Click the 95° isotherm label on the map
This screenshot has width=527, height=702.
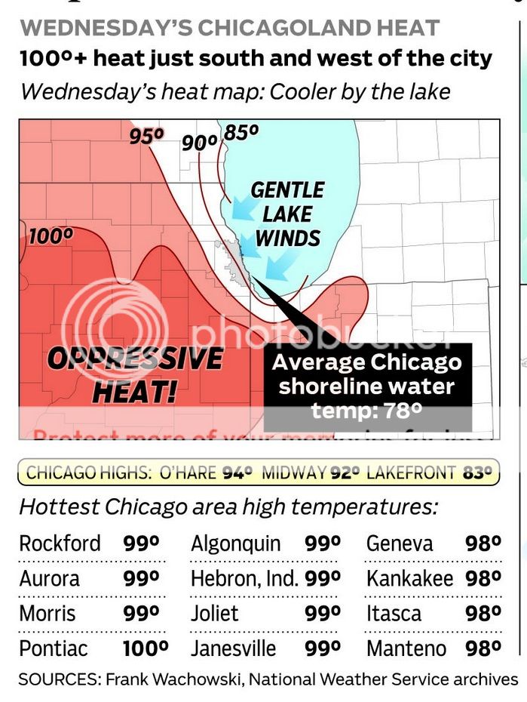coord(146,136)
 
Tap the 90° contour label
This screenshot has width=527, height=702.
coord(200,141)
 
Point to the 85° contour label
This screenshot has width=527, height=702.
coord(241,132)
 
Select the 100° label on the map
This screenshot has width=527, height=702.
coord(51,236)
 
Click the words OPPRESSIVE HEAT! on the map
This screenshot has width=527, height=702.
coord(135,374)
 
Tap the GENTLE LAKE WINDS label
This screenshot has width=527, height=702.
coord(287,214)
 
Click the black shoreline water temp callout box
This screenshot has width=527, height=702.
coord(367,386)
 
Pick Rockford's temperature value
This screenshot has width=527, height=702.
coord(141,543)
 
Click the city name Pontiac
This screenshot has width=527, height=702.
coord(54,648)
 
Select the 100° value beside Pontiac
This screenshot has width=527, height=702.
coord(145,648)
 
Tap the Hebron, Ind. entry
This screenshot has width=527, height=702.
coord(244,579)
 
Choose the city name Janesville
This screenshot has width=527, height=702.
coord(234,648)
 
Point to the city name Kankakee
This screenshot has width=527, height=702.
coord(410,579)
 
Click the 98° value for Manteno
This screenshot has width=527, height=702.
coord(483,648)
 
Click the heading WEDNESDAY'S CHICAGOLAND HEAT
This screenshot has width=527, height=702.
coord(229,28)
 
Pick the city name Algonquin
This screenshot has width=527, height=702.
coord(236,543)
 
